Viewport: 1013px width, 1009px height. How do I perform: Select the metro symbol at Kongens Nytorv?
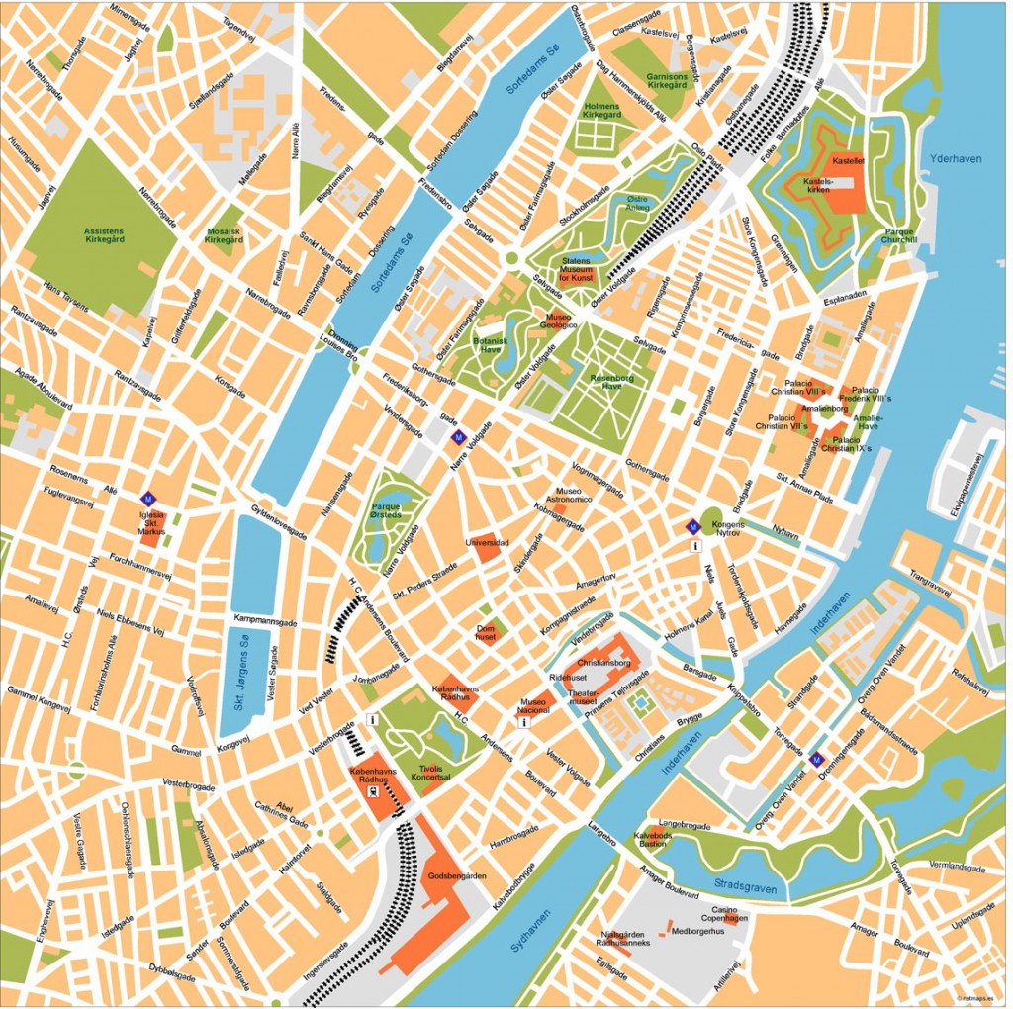pyautogui.click(x=693, y=527)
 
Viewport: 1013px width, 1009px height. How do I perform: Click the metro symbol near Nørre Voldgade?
pyautogui.click(x=458, y=436)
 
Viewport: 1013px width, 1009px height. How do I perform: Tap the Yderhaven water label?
pyautogui.click(x=953, y=158)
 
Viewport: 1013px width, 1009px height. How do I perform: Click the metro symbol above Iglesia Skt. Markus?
pyautogui.click(x=148, y=499)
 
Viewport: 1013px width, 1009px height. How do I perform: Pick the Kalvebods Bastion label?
pyautogui.click(x=653, y=839)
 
